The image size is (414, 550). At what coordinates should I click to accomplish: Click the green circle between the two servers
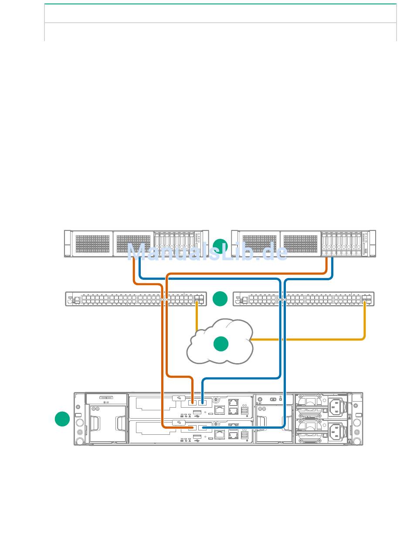tap(221, 246)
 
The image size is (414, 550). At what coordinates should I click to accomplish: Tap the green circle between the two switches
tap(220, 299)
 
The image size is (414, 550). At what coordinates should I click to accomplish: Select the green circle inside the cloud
tap(221, 344)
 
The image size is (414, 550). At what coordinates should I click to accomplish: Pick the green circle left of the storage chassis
tap(62, 419)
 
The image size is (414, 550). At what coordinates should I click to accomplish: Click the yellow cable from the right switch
tap(364, 323)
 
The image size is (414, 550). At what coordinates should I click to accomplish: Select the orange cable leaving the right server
tap(326, 266)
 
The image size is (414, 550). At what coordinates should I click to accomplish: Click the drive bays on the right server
tap(342, 244)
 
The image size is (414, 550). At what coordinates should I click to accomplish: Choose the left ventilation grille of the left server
tap(92, 244)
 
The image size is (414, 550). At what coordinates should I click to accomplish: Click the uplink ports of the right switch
tap(366, 299)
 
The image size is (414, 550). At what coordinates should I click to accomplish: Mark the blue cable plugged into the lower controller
tap(244, 427)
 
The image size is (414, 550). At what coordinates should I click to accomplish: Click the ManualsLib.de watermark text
tap(207, 252)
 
